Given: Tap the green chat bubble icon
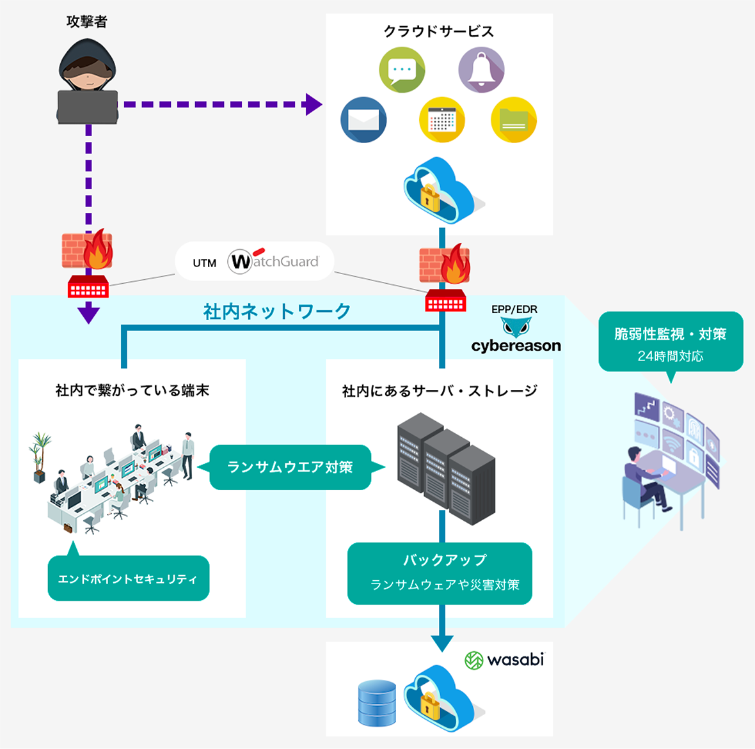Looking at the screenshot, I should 402,70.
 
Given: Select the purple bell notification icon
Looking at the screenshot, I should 481,70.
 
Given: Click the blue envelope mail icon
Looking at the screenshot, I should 363,120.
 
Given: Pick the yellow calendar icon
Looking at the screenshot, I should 441,120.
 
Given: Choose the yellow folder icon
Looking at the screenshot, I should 513,120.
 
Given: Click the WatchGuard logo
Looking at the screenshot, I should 274,261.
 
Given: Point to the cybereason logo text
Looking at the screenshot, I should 516,346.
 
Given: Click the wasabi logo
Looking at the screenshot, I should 504,660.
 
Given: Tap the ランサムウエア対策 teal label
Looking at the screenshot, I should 290,467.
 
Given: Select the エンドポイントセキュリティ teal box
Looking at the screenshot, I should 128,578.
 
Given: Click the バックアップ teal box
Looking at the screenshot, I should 440,573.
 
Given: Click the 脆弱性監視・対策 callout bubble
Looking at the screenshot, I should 671,342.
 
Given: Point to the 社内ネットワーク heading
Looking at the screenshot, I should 277,311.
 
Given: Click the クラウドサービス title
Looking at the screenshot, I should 438,31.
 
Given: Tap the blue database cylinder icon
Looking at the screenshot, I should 377,703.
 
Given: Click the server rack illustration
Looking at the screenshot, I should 446,468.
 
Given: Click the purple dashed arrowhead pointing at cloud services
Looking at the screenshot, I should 313,104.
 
